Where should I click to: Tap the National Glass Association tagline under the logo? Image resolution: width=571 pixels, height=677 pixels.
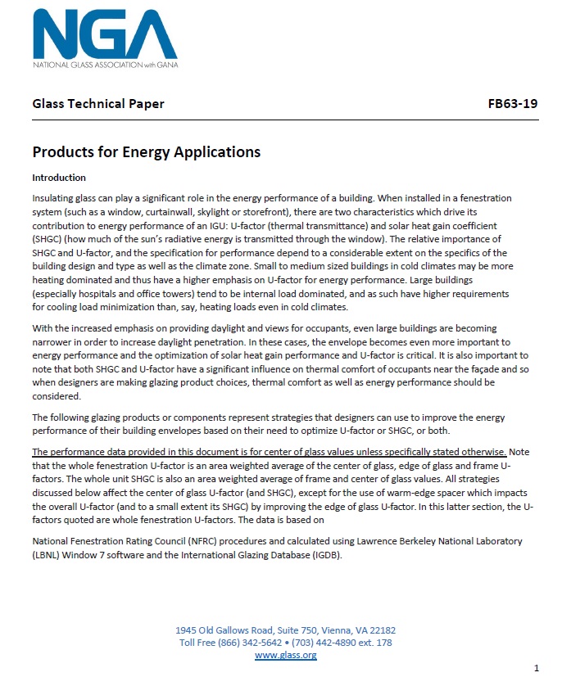coord(105,64)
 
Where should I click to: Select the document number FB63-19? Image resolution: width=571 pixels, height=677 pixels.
coord(512,104)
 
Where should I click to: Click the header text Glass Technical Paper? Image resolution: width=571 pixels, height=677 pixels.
coord(97,104)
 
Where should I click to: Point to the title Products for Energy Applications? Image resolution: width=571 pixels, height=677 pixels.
coord(146,152)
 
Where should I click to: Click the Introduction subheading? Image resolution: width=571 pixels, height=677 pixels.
coord(59,178)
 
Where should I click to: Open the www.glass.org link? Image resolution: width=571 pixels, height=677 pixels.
coord(285,655)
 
